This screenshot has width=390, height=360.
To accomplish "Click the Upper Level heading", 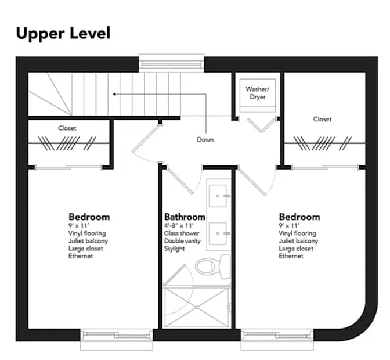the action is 63,34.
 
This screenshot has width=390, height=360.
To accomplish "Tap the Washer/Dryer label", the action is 258,93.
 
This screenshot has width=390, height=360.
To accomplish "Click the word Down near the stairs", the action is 205,139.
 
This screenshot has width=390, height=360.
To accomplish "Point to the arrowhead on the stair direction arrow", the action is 114,94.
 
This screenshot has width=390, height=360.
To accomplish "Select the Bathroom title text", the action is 185,217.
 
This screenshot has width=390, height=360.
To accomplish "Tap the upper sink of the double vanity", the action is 218,196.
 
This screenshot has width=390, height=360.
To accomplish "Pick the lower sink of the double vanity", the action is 218,233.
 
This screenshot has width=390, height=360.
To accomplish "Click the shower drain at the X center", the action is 197,308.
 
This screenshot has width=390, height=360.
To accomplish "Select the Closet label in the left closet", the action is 67,128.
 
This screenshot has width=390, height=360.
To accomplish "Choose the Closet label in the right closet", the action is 322,119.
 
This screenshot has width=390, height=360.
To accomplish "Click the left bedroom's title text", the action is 89,217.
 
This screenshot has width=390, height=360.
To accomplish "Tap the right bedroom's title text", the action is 299,217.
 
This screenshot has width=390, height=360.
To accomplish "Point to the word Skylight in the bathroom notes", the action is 174,249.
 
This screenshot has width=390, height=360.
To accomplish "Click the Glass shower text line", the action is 182,233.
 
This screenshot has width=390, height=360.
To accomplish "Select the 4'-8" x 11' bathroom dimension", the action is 179,226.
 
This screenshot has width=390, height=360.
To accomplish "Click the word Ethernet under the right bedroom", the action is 291,256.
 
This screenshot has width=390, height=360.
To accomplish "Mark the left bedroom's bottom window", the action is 117,339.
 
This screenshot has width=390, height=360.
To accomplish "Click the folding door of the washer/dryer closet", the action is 262,124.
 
